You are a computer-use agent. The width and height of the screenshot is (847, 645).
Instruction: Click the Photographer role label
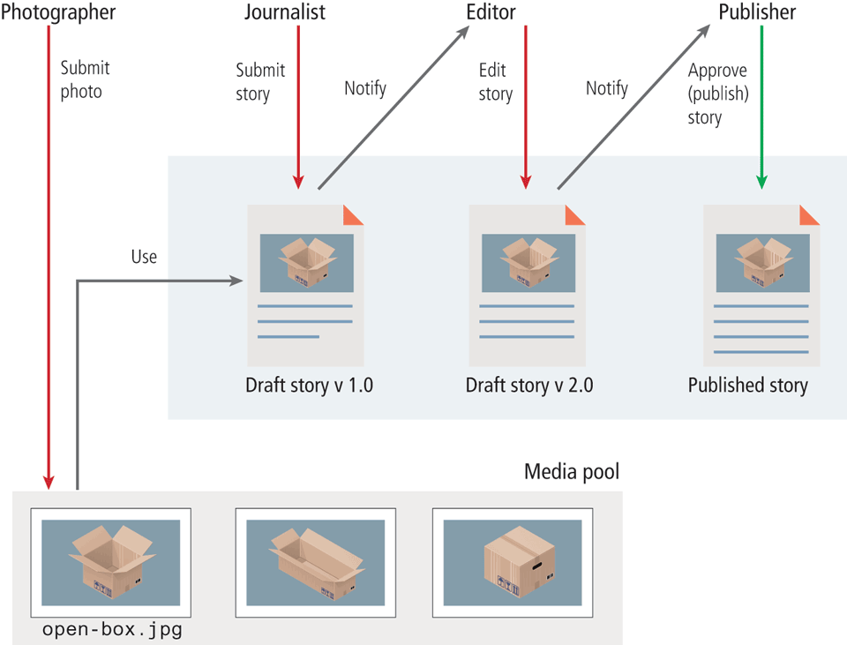58,12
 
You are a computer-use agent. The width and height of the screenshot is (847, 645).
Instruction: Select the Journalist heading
284,12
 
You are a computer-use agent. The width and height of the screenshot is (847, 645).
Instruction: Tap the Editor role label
491,12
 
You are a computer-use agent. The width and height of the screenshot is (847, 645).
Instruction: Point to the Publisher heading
757,12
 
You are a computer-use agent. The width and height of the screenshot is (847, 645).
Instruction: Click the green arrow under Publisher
761,106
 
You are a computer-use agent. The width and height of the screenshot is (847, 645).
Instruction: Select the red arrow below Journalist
298,106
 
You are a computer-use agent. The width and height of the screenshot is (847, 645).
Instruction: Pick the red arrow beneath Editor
526,106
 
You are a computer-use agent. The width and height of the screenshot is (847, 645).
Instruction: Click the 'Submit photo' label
85,79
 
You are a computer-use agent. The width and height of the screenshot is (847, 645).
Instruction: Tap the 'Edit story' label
495,81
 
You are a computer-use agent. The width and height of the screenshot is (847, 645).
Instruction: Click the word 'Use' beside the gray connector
144,257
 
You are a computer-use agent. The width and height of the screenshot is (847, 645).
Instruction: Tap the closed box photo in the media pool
512,562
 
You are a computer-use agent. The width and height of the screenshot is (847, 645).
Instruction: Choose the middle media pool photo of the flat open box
315,562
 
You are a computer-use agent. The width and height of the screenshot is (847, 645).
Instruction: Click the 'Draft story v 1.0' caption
309,386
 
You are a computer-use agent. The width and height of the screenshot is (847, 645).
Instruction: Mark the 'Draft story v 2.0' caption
529,386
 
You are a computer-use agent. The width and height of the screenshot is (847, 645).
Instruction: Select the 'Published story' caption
747,386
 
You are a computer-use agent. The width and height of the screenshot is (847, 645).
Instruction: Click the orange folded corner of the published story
810,215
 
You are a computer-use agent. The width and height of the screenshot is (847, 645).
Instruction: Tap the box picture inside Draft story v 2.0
528,263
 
